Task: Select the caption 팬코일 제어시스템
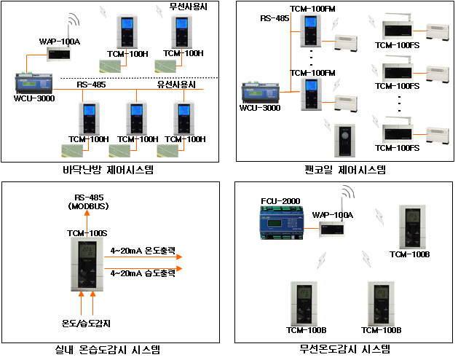click(x=344, y=170)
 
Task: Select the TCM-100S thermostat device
click(x=89, y=263)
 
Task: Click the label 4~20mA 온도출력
click(x=143, y=250)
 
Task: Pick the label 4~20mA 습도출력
click(x=143, y=273)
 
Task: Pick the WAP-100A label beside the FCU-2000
click(x=332, y=214)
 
